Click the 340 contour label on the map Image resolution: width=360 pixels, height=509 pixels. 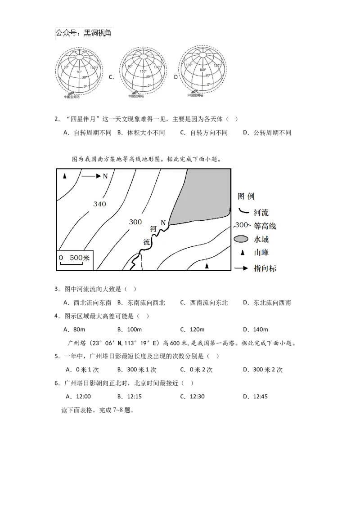tap(99, 204)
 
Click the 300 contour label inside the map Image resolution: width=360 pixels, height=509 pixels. tap(135, 222)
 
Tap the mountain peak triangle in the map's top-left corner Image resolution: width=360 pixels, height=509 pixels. tap(65, 176)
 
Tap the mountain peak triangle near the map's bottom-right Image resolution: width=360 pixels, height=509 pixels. tap(207, 267)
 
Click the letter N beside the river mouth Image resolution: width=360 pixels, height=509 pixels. tap(163, 222)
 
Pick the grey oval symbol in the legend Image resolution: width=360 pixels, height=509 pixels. tap(242, 239)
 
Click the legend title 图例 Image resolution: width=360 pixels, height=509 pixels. tap(247, 196)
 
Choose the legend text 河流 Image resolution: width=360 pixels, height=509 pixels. tap(261, 212)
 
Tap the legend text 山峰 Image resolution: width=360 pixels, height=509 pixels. tap(261, 253)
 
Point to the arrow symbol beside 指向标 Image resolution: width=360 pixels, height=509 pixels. tap(241, 268)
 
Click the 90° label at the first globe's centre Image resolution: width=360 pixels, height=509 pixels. tap(79, 72)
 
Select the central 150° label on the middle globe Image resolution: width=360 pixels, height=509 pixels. tap(143, 71)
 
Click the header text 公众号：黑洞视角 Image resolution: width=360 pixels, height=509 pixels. tap(83, 33)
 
